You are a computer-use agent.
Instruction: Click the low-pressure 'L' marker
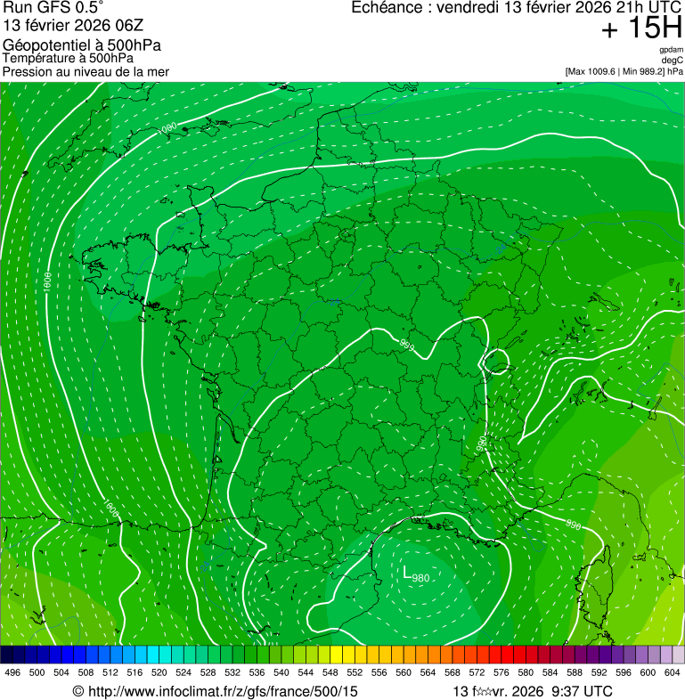[407, 573]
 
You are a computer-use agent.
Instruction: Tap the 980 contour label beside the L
[421, 579]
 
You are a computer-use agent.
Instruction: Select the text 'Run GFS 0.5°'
[52, 8]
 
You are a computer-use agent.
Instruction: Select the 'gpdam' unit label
[671, 50]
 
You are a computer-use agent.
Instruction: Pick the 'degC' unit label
[673, 61]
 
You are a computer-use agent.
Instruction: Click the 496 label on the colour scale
[12, 672]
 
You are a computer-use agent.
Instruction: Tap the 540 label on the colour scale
[281, 672]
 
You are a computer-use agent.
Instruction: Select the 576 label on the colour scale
[501, 672]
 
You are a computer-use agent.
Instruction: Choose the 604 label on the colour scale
[672, 672]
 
